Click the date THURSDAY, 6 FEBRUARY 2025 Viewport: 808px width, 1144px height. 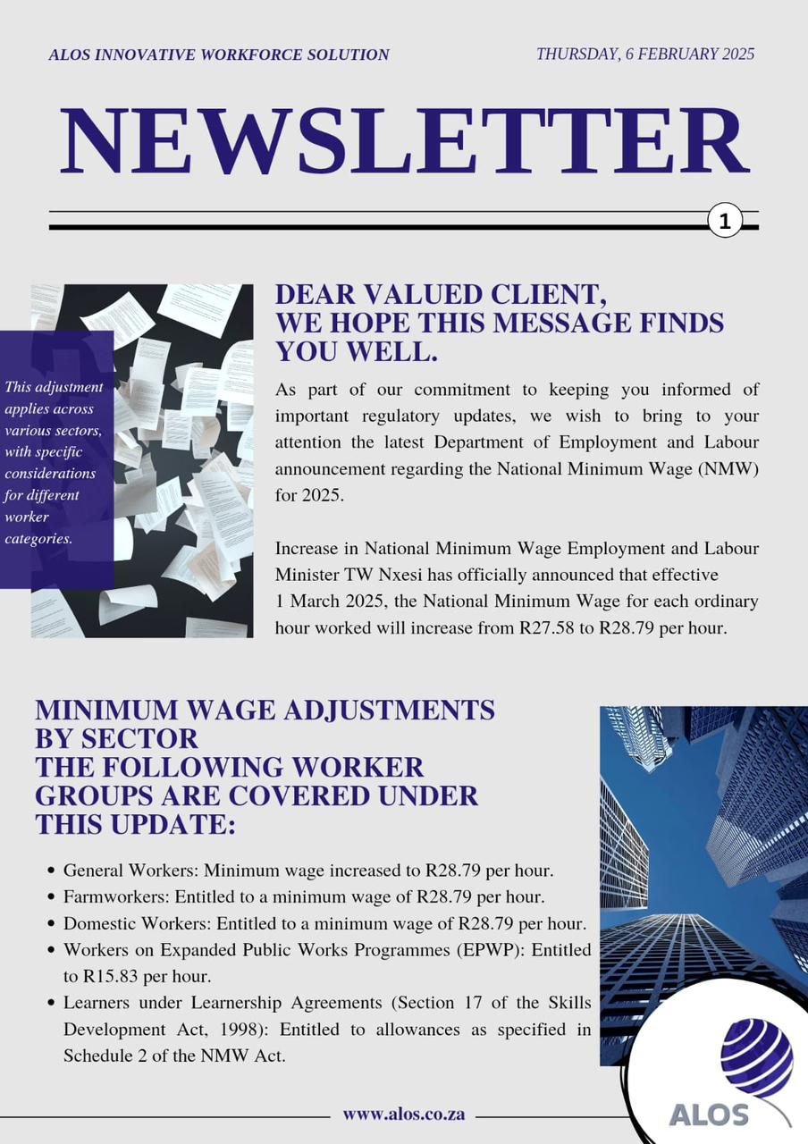click(x=644, y=54)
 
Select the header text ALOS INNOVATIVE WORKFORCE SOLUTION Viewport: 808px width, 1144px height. click(x=219, y=55)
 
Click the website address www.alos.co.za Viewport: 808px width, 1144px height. click(x=403, y=1115)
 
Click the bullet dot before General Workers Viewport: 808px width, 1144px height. click(x=50, y=870)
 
